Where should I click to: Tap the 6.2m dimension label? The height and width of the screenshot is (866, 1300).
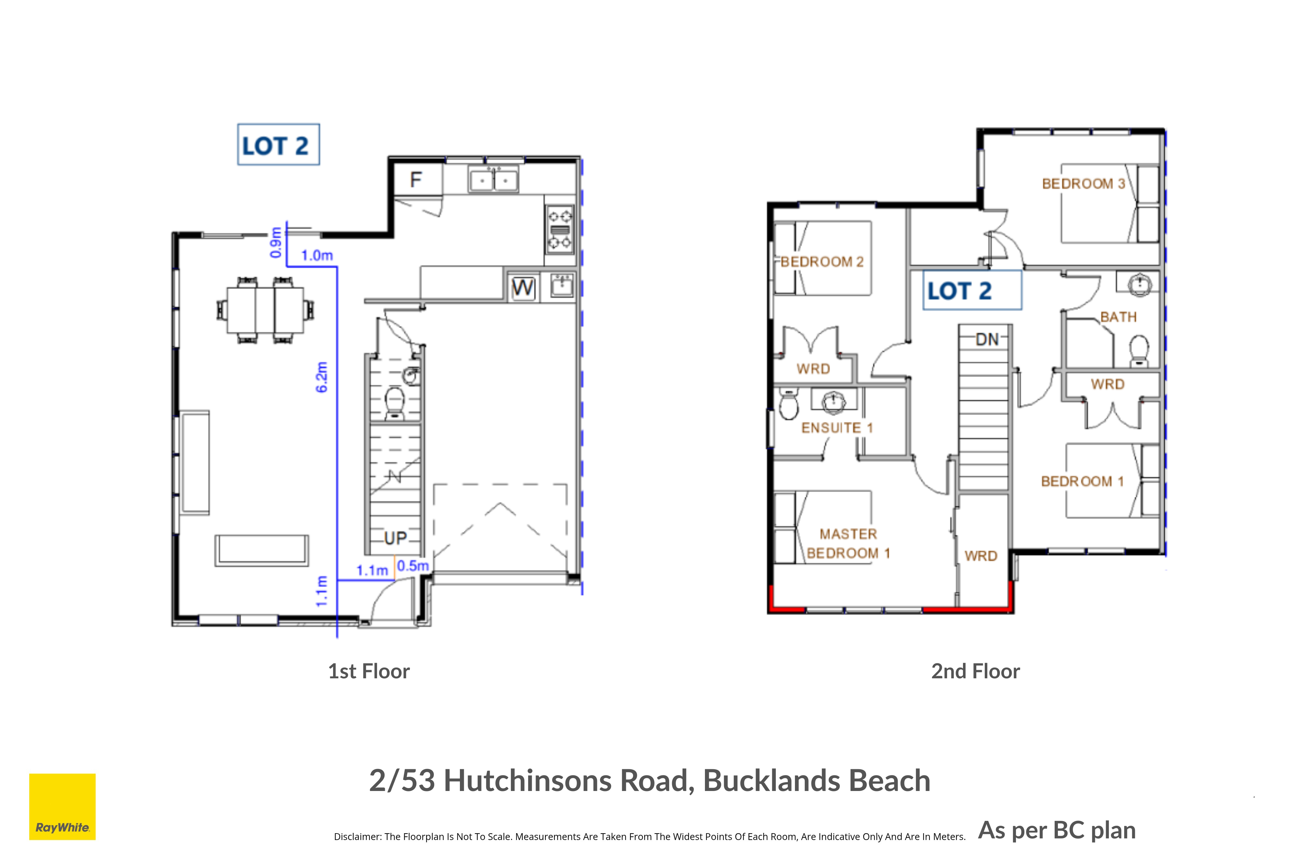coord(321,377)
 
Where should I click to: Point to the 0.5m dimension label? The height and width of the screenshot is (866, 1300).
coord(413,566)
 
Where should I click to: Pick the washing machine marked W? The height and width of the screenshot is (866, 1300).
coord(523,287)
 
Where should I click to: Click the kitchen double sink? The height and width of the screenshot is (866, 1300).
coord(494,180)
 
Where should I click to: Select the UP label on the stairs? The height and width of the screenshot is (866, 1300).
coord(395,538)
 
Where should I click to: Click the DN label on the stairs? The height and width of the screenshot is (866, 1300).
coord(987,339)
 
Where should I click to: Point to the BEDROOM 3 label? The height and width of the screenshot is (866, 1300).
coord(1083,183)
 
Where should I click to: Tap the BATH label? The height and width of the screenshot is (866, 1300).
coord(1118,317)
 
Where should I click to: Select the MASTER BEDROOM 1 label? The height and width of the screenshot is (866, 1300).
coord(849,544)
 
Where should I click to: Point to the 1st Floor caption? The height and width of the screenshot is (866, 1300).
coord(369,671)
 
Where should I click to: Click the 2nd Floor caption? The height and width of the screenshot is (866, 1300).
coord(976,671)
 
